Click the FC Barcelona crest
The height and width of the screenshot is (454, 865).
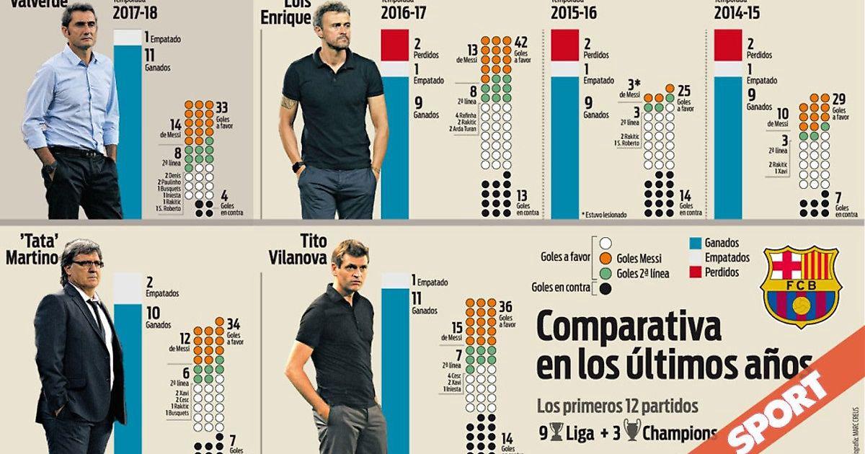click(800, 287)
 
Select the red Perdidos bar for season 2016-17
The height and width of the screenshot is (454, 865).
click(395, 45)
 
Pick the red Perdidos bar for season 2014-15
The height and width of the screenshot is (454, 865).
click(727, 45)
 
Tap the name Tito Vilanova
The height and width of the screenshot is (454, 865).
click(324, 249)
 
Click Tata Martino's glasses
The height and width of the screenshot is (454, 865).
click(86, 264)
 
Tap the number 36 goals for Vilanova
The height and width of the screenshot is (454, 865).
click(505, 306)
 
